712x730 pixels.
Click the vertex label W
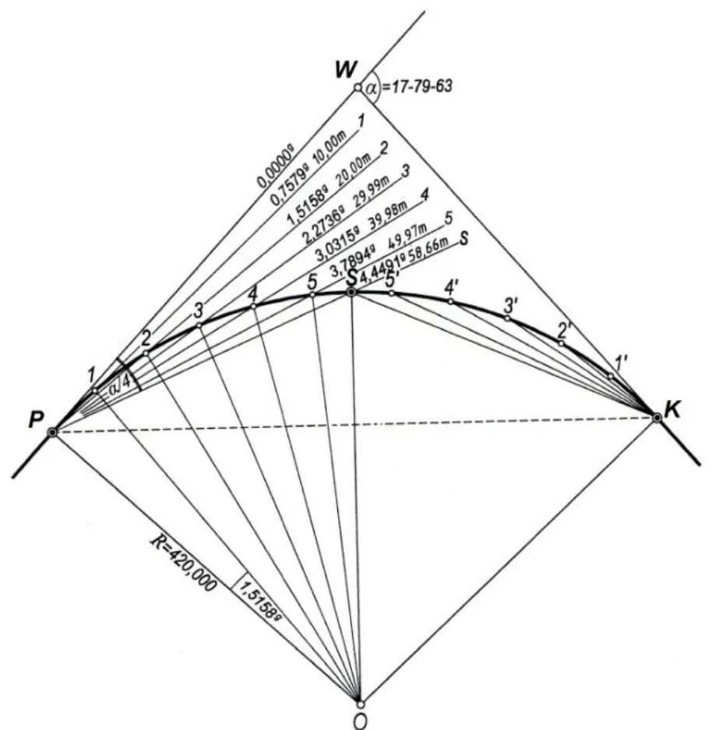346,70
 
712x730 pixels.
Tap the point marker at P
52,433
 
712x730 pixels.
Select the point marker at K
657,418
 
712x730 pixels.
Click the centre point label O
360,721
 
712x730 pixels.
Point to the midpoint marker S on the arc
352,292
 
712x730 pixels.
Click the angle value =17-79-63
417,86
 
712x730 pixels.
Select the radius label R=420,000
184,563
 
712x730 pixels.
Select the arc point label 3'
511,305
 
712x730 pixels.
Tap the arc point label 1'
622,363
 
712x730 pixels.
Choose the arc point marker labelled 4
253,307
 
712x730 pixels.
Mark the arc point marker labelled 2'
561,343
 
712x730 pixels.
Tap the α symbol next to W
371,87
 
